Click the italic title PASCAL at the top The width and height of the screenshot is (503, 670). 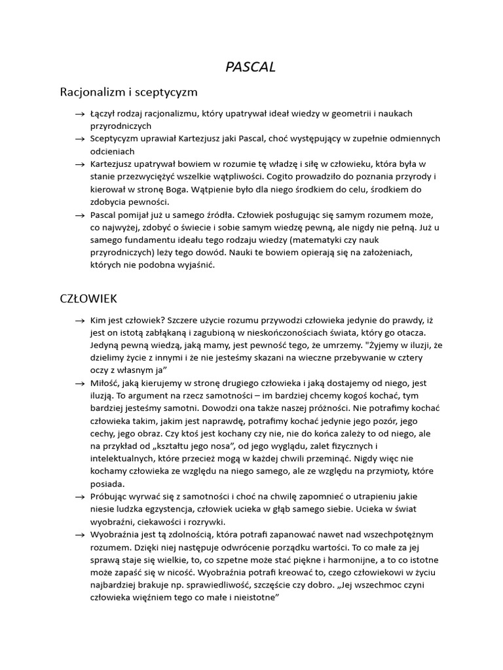click(x=251, y=67)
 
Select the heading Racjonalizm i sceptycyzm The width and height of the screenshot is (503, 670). click(x=128, y=92)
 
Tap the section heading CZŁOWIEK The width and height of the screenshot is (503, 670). click(x=88, y=298)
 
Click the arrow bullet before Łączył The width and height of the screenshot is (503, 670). click(x=80, y=114)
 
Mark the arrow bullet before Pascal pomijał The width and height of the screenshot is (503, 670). click(x=80, y=215)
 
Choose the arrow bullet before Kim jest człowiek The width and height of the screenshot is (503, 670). click(x=80, y=321)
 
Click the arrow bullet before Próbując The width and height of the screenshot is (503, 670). click(x=80, y=497)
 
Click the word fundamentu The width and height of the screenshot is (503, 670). click(x=151, y=240)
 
